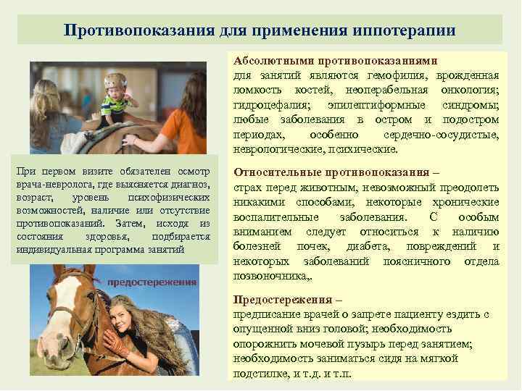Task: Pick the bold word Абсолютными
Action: [x=269, y=61]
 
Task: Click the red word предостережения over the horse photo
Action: [x=152, y=281]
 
